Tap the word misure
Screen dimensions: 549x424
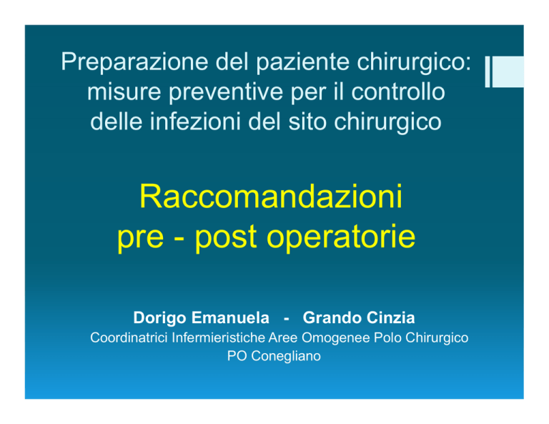click(124, 92)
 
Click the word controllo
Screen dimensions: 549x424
click(397, 92)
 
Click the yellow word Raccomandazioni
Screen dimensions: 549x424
click(271, 197)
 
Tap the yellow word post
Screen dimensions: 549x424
click(226, 237)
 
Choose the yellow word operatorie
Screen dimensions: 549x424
click(341, 237)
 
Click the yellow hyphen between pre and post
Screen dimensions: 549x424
click(179, 240)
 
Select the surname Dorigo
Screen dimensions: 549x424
click(159, 318)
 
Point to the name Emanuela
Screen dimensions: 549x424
click(231, 318)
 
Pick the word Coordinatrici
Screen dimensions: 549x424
click(129, 338)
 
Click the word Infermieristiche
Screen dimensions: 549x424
click(219, 338)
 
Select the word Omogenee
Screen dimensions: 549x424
click(335, 339)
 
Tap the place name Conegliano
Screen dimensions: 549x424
click(286, 356)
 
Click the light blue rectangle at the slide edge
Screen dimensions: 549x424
click(508, 72)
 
